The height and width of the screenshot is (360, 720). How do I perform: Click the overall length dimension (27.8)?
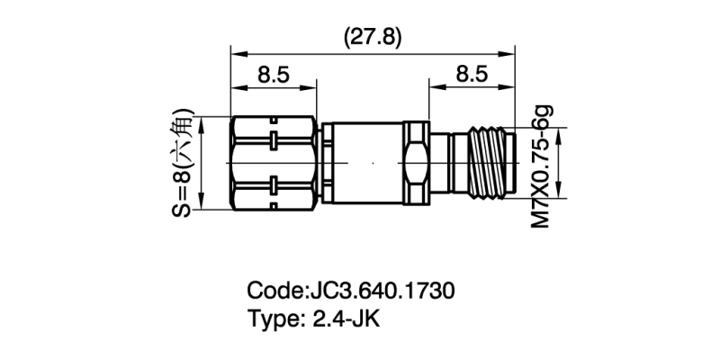point(373,37)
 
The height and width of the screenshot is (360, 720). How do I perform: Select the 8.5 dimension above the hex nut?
point(274,76)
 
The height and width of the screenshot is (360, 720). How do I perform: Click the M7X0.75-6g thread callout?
point(540,166)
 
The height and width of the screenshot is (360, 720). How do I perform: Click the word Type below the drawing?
point(274,319)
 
